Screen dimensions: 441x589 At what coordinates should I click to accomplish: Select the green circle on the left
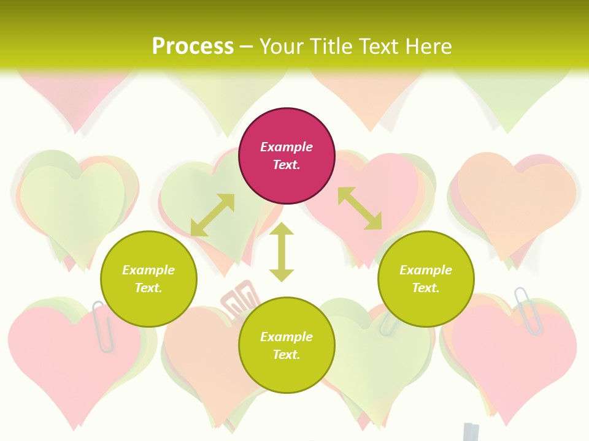(148, 279)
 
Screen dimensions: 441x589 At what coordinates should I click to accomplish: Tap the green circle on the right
(426, 279)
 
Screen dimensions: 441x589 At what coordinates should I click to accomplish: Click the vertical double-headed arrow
(282, 252)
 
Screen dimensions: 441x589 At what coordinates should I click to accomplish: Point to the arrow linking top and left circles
(212, 214)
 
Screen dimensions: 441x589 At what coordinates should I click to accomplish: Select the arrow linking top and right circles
(360, 208)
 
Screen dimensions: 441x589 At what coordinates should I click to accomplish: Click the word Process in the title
(193, 47)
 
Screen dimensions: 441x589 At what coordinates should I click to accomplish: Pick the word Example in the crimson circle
(287, 147)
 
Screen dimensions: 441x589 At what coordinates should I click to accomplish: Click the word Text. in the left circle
(148, 288)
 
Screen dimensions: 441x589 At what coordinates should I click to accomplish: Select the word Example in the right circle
(426, 270)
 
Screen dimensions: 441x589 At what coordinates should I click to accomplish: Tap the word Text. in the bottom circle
(287, 355)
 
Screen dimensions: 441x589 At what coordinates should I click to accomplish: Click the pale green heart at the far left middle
(72, 202)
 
